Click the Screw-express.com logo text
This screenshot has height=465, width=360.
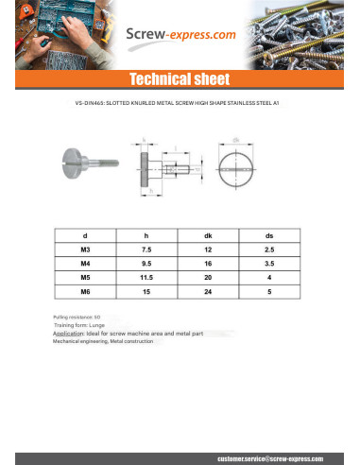[x=180, y=35]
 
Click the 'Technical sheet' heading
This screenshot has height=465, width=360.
[x=180, y=77]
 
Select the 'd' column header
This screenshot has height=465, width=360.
[x=85, y=233]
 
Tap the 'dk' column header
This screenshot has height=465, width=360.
[x=208, y=233]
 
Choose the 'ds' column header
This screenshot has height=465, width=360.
[x=269, y=233]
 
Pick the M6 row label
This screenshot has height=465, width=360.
[x=85, y=292]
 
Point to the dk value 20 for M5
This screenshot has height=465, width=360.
[x=208, y=278]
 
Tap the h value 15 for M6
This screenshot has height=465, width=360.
[x=146, y=292]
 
